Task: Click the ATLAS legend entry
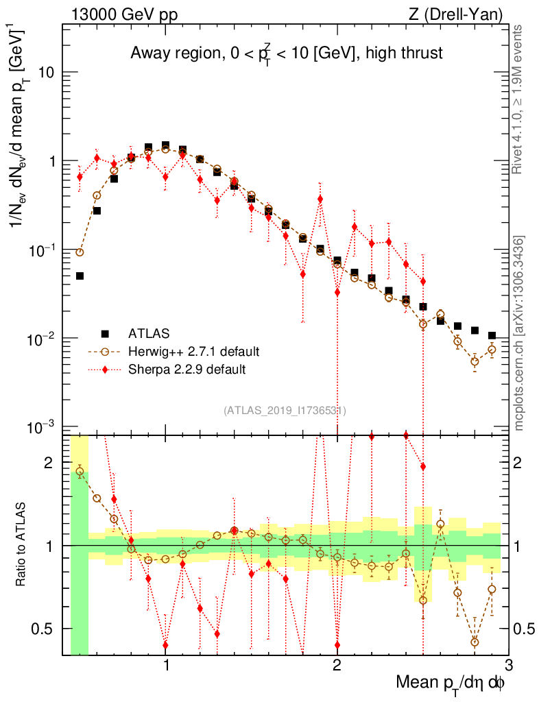click(x=147, y=334)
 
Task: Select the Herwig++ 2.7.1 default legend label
click(x=194, y=352)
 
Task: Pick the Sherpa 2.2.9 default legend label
click(x=187, y=369)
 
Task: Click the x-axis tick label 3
click(x=507, y=665)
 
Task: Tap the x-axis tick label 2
click(x=337, y=665)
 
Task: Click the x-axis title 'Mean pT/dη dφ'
click(x=451, y=683)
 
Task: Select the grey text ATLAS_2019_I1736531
click(x=285, y=411)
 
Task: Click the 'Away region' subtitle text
click(x=285, y=53)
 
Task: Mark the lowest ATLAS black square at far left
click(x=80, y=276)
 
